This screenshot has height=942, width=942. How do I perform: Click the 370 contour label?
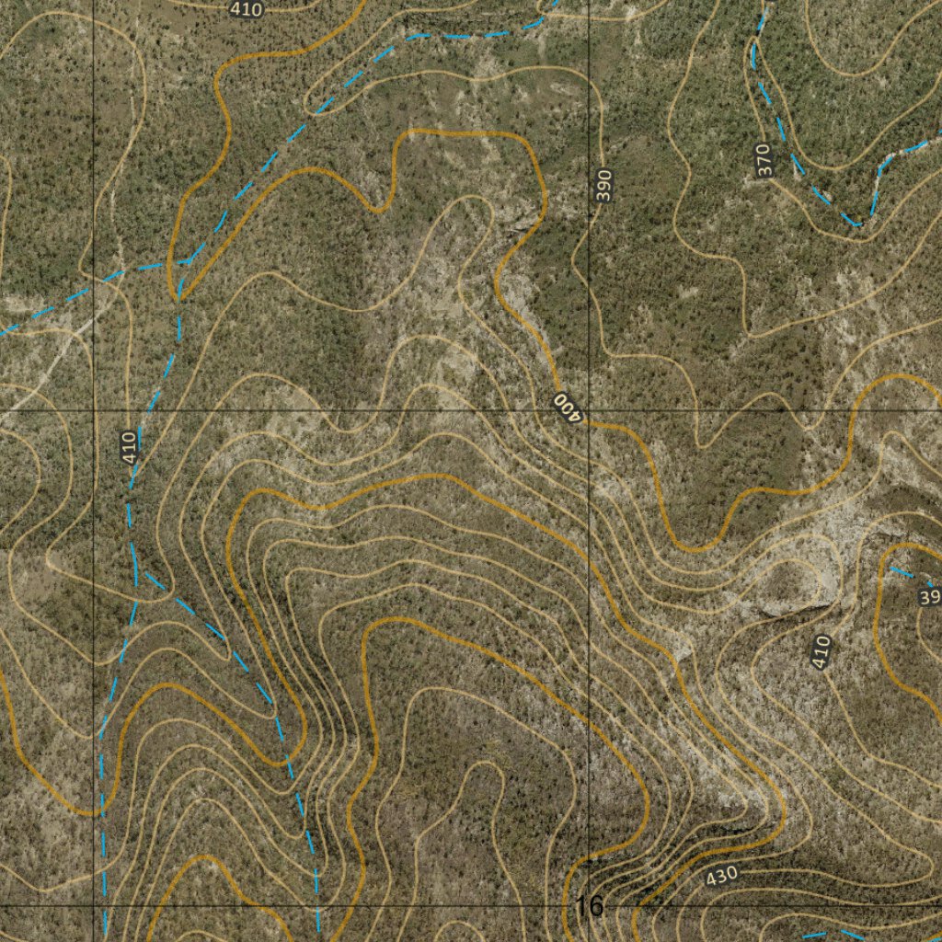tap(764, 161)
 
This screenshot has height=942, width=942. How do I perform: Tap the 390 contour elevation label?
tap(603, 186)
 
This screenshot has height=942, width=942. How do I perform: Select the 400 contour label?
tap(569, 406)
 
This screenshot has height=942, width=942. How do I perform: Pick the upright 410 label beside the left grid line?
tap(129, 447)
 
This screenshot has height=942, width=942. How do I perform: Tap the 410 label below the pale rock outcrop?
tap(821, 651)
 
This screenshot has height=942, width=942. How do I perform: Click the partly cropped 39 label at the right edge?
tap(929, 598)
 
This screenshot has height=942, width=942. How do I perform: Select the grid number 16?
tap(589, 907)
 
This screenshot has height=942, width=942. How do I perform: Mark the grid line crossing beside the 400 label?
tap(589, 408)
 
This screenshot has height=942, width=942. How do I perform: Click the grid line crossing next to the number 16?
tap(589, 905)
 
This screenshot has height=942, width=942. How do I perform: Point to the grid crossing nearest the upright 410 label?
tap(94, 408)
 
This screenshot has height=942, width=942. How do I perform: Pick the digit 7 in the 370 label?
tap(764, 161)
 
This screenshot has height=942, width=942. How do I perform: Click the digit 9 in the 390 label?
tap(603, 186)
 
